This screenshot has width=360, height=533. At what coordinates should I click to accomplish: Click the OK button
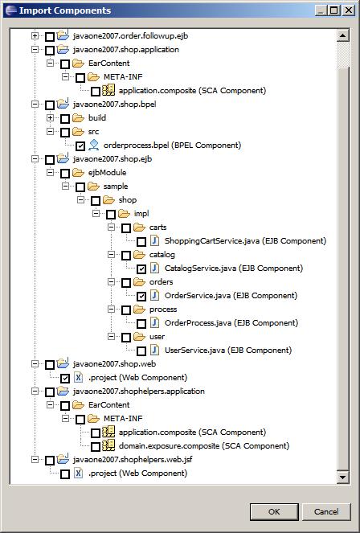tap(274, 511)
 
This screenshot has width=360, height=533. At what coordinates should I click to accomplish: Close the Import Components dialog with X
tap(349, 10)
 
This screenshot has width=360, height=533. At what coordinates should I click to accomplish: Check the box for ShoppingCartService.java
tap(141, 242)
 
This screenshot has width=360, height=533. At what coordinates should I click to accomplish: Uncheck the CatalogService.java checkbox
tap(141, 269)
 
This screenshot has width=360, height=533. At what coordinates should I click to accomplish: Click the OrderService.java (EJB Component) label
tap(231, 295)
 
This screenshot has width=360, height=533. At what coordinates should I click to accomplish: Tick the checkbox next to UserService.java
tap(141, 351)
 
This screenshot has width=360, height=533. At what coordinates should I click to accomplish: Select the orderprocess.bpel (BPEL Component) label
tap(172, 146)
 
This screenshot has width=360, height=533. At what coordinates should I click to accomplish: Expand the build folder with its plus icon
tap(51, 118)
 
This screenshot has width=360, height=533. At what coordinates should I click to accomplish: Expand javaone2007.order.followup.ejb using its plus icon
tap(35, 35)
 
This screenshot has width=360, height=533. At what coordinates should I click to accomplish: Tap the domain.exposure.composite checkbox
tap(96, 446)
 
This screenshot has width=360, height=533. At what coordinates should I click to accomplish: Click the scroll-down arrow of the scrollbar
tap(343, 477)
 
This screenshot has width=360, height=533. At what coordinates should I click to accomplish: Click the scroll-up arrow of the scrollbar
tap(343, 35)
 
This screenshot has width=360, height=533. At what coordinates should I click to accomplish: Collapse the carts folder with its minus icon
tap(111, 227)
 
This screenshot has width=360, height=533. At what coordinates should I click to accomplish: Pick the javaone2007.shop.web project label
tap(114, 363)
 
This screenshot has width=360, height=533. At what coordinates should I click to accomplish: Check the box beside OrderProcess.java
tap(141, 324)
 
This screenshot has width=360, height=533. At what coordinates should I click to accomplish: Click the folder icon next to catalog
tap(139, 255)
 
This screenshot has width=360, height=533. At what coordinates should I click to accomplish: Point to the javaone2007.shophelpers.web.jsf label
tap(133, 460)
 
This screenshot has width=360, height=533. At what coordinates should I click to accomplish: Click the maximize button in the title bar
tap(333, 10)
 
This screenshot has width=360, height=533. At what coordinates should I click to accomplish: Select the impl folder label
tap(141, 214)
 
